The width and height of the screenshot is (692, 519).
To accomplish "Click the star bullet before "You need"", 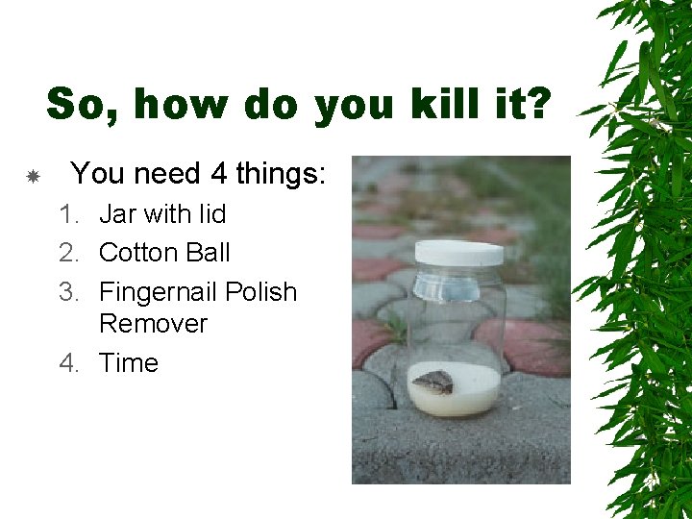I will [32, 176].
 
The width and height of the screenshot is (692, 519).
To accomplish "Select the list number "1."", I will [69, 213].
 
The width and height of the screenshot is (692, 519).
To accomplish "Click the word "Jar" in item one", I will [118, 213].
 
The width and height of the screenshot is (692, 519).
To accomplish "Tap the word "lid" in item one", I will [210, 213].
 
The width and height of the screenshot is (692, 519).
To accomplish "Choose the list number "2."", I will [69, 253].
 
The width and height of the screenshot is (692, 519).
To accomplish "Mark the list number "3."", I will [69, 292].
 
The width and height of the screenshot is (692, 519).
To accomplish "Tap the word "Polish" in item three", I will [260, 292].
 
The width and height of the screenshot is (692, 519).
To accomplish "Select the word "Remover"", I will [153, 324].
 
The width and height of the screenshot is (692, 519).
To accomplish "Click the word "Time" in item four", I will [129, 363].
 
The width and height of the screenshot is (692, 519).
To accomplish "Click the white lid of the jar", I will [458, 254].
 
